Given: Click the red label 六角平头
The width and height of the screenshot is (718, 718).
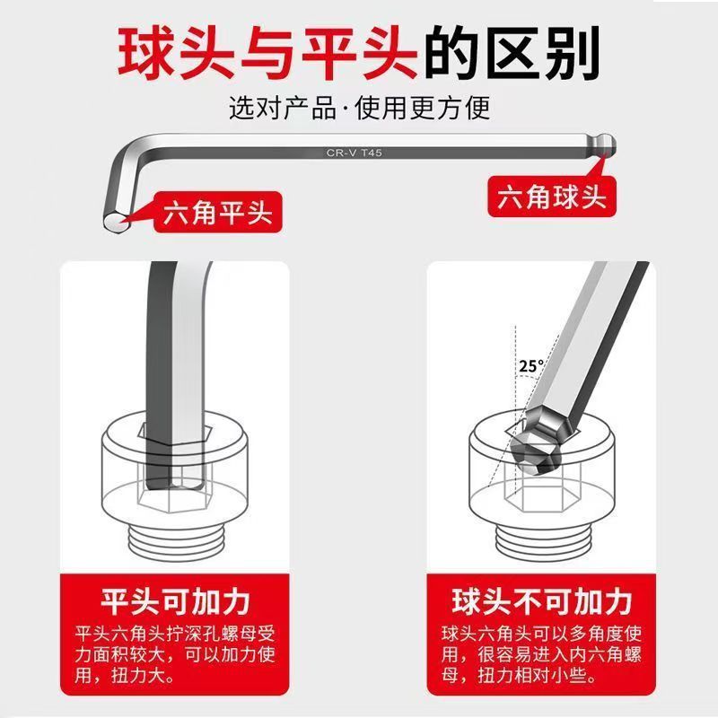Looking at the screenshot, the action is click(x=217, y=213).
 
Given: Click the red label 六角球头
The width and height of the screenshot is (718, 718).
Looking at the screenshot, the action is click(x=552, y=197).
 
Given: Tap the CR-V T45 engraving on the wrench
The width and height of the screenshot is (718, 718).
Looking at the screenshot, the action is click(x=354, y=153).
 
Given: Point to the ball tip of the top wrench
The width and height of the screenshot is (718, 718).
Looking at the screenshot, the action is click(x=606, y=145).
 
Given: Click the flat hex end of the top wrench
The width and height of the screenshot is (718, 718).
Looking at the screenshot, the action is click(x=115, y=223).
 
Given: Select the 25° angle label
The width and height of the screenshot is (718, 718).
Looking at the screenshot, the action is click(x=531, y=366).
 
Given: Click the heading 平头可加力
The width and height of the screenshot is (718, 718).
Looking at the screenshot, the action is click(x=175, y=601).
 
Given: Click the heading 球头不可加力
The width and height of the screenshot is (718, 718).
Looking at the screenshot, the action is click(x=542, y=601).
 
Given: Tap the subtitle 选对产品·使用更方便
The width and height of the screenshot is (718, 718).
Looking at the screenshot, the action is click(x=360, y=108).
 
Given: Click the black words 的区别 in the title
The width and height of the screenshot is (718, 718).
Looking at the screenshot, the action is click(x=512, y=53).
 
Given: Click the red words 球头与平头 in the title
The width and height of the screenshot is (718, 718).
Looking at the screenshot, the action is click(x=267, y=53).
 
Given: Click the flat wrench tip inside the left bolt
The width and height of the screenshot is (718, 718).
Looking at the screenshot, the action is click(x=175, y=472).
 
